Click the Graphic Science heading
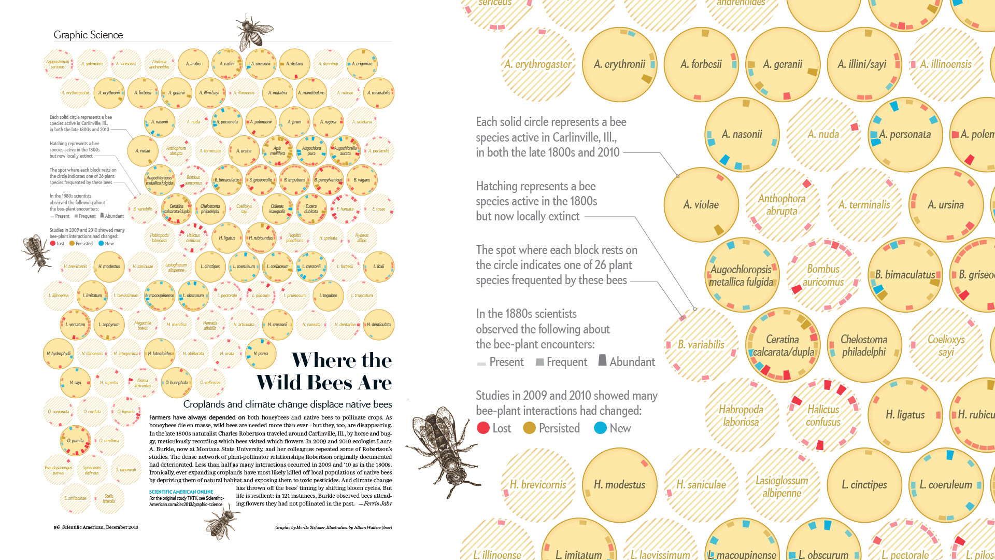pos(88,35)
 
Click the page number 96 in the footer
pos(56,527)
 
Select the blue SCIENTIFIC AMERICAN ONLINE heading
pos(181,492)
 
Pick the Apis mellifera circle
pos(278,151)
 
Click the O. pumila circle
pos(76,441)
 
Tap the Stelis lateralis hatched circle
pos(109,499)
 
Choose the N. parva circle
pos(261,354)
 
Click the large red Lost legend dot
pos(483,428)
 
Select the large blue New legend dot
pos(600,428)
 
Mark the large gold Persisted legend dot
pos(529,428)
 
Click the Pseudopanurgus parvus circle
pos(59,470)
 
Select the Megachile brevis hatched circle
pos(143,325)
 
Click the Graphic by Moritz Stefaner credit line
pos(333,527)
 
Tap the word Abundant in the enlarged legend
pos(632,362)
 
